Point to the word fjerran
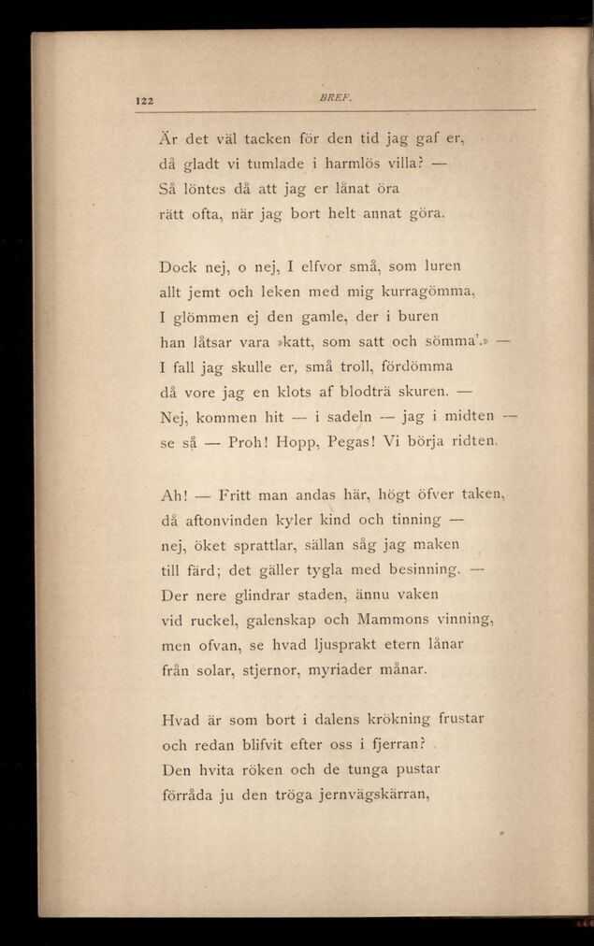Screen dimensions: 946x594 tap(390, 745)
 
